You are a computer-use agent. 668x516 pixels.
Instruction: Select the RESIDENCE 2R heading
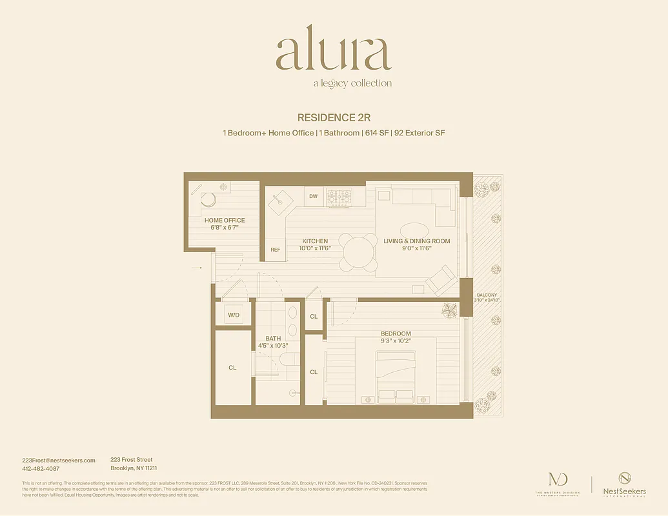pyautogui.click(x=334, y=117)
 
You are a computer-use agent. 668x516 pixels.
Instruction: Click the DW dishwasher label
pyautogui.click(x=313, y=196)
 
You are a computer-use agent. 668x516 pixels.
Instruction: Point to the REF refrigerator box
pyautogui.click(x=276, y=250)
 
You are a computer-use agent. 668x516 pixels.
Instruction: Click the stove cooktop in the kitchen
pyautogui.click(x=339, y=197)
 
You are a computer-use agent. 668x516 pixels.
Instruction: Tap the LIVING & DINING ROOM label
pyautogui.click(x=416, y=241)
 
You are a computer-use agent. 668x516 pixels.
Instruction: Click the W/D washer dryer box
pyautogui.click(x=233, y=315)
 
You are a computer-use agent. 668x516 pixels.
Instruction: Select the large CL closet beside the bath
pyautogui.click(x=232, y=368)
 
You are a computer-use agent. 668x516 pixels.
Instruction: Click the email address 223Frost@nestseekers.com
pyautogui.click(x=59, y=460)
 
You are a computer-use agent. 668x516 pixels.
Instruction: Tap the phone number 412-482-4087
pyautogui.click(x=41, y=468)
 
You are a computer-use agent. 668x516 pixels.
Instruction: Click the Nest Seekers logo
pyautogui.click(x=623, y=484)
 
